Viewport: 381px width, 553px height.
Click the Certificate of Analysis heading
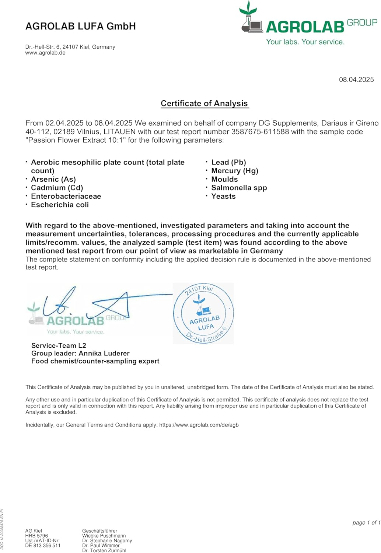click(205, 104)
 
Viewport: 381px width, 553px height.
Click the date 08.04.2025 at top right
click(356, 80)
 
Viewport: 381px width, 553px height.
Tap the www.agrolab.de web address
click(45, 53)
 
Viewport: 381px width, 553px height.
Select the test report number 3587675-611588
click(260, 132)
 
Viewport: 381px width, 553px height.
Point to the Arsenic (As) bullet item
click(53, 179)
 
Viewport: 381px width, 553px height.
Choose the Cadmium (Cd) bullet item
click(57, 188)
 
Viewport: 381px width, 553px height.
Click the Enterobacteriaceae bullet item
click(66, 196)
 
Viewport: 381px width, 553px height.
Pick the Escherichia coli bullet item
click(60, 205)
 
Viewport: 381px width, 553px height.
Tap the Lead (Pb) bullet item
click(228, 162)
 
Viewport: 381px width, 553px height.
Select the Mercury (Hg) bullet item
click(235, 171)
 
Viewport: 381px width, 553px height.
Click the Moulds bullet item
click(224, 179)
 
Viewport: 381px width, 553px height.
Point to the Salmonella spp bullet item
click(239, 188)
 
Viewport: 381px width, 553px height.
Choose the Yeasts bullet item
click(223, 196)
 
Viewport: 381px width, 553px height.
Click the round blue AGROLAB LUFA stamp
click(203, 313)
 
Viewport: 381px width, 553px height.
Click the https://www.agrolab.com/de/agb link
click(199, 425)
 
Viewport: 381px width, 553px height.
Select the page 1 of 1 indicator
click(366, 522)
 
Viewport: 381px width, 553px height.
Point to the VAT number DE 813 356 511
click(43, 546)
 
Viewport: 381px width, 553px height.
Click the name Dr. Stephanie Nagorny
click(107, 540)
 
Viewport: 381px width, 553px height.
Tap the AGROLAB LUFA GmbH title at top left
click(81, 26)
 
